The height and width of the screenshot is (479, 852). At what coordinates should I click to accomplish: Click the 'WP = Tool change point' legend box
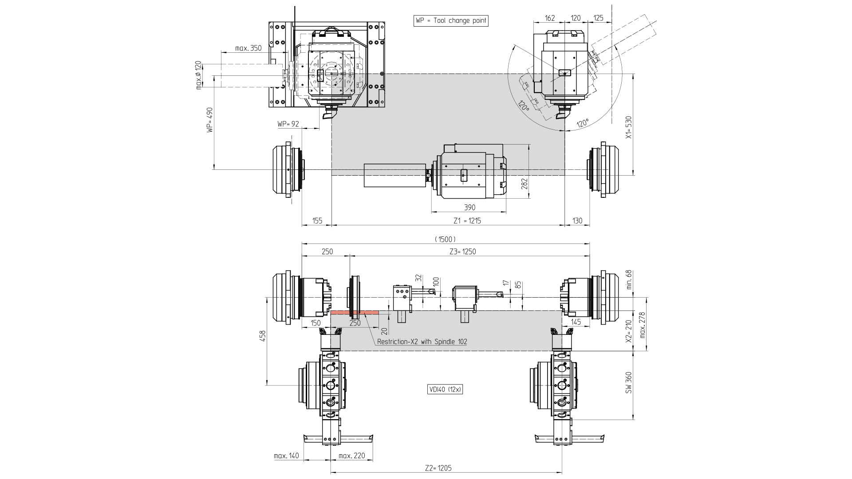tap(451, 20)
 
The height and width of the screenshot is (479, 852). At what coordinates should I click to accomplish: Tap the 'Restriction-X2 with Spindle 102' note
tap(422, 342)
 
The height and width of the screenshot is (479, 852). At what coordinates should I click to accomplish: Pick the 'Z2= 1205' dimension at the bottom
tap(438, 468)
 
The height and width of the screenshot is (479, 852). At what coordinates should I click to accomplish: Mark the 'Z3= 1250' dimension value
tap(462, 251)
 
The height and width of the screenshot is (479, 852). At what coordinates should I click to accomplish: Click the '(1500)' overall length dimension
tap(445, 239)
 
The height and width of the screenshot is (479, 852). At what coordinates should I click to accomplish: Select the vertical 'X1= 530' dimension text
tap(628, 128)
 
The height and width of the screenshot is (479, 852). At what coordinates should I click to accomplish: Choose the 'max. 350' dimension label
tap(248, 48)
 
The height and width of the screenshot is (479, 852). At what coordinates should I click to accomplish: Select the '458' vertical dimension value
tap(262, 336)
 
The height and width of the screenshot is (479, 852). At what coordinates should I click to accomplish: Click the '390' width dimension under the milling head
tap(469, 208)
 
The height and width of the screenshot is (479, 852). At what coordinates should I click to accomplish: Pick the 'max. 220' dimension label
tap(351, 455)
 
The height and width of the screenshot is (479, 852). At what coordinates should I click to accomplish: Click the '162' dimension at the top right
tap(550, 18)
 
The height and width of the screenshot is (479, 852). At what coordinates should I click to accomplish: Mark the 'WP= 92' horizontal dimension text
tap(288, 124)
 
